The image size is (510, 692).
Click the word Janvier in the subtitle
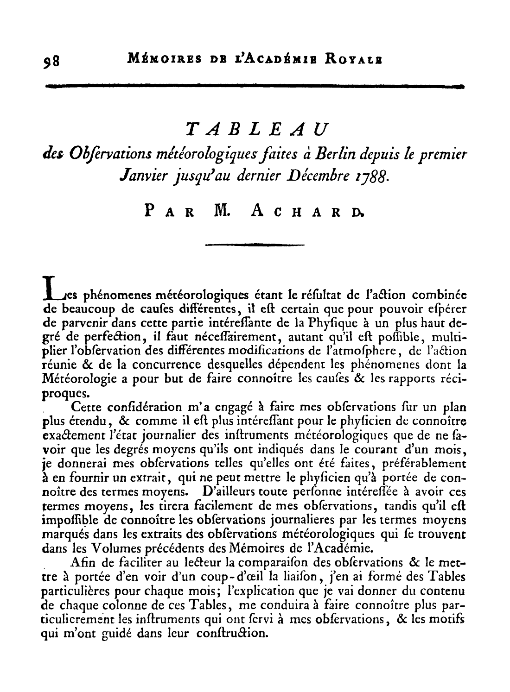point(140,176)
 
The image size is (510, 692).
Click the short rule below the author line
point(254,244)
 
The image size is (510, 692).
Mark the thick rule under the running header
point(254,86)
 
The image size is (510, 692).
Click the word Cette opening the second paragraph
point(87,408)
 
